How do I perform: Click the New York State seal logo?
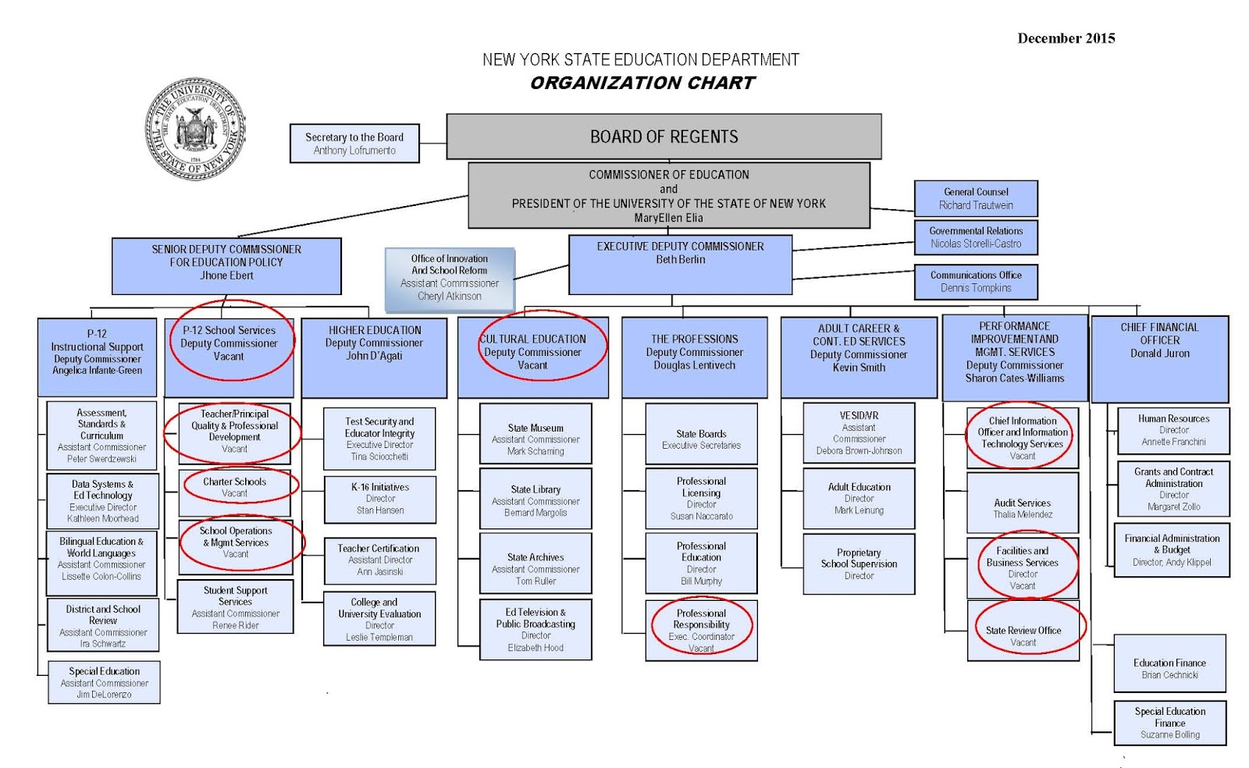pyautogui.click(x=195, y=129)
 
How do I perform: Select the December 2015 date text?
pyautogui.click(x=1066, y=38)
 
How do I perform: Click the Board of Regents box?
pyautogui.click(x=664, y=137)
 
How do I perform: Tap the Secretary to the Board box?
pyautogui.click(x=354, y=144)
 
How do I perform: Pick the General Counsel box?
pyautogui.click(x=976, y=198)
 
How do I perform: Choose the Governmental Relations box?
pyautogui.click(x=976, y=237)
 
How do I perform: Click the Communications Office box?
pyautogui.click(x=976, y=282)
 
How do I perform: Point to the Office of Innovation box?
pyautogui.click(x=450, y=279)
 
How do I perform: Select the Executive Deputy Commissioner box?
pyautogui.click(x=680, y=265)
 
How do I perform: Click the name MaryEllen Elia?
pyautogui.click(x=668, y=218)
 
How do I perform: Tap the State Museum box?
pyautogui.click(x=536, y=434)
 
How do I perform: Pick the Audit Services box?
pyautogui.click(x=1023, y=503)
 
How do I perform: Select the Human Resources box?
pyautogui.click(x=1173, y=430)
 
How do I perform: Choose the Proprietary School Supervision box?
pyautogui.click(x=859, y=564)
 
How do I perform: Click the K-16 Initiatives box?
pyautogui.click(x=380, y=500)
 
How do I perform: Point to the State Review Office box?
pyautogui.click(x=1023, y=631)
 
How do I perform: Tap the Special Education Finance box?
pyautogui.click(x=1170, y=723)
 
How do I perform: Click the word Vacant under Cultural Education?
pyautogui.click(x=532, y=365)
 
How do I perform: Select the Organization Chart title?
pyautogui.click(x=642, y=83)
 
